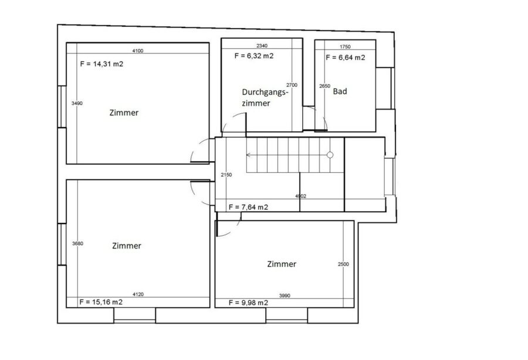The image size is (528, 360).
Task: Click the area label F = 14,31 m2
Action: (x=101, y=64)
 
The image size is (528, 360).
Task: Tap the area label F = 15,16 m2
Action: (x=101, y=302)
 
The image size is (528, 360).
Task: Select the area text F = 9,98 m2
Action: (x=249, y=303)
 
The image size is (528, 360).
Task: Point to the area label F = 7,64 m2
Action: (x=249, y=207)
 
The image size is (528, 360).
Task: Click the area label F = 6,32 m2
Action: (x=254, y=56)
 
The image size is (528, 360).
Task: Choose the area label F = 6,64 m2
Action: (x=346, y=57)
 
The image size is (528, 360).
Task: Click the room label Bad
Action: (x=340, y=91)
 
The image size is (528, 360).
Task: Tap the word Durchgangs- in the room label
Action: (x=265, y=93)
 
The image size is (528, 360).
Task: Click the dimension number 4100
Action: (x=138, y=51)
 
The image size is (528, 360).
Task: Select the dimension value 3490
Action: (x=77, y=103)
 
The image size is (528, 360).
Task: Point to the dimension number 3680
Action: (x=78, y=243)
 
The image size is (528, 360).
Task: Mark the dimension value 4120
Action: (x=138, y=294)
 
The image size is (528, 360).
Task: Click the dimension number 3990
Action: (x=285, y=296)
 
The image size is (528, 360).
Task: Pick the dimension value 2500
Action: (x=343, y=264)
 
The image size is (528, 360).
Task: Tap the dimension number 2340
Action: (x=262, y=46)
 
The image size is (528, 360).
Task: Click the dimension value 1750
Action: (x=345, y=47)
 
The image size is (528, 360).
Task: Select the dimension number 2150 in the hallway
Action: (x=226, y=175)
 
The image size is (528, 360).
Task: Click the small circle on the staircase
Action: (x=330, y=155)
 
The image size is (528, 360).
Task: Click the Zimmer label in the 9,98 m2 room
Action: (x=282, y=264)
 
